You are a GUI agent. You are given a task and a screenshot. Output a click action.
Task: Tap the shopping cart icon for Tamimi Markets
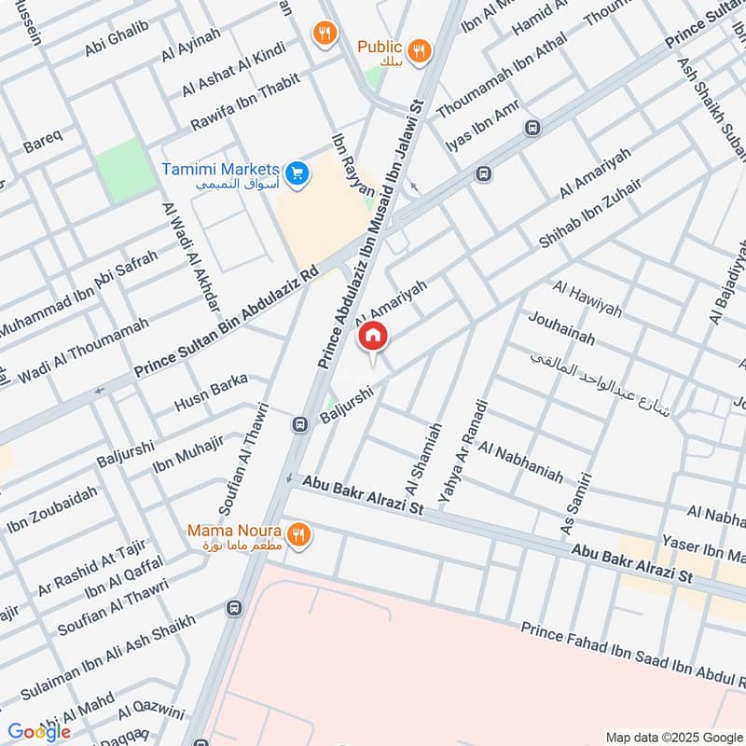click(297, 173)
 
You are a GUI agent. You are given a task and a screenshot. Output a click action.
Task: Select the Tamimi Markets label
click(220, 171)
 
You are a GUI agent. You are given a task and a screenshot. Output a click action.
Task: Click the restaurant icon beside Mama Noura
click(298, 534)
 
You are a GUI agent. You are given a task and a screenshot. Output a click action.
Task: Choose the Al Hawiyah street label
click(587, 297)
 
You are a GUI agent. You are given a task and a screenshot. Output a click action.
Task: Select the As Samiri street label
click(576, 504)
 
